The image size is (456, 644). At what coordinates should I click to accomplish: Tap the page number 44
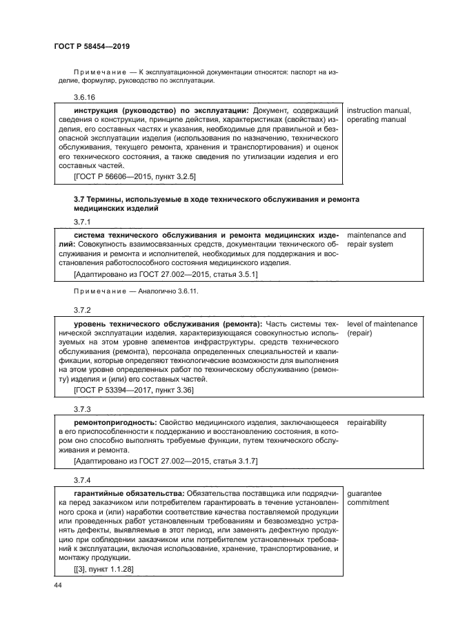point(57,586)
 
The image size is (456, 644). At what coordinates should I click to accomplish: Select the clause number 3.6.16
point(84,98)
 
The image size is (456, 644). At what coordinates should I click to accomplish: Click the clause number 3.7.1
point(82,222)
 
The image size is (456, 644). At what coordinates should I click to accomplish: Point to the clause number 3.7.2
point(82,310)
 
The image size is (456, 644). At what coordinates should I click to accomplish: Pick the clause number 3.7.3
point(82,408)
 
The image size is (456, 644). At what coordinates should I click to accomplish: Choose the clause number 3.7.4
point(82,479)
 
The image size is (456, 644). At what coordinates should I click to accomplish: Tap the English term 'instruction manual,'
point(379,110)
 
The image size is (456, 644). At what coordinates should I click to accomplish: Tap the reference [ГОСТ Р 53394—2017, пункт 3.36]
point(133,390)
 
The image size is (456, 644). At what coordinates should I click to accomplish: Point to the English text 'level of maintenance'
point(382,323)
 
